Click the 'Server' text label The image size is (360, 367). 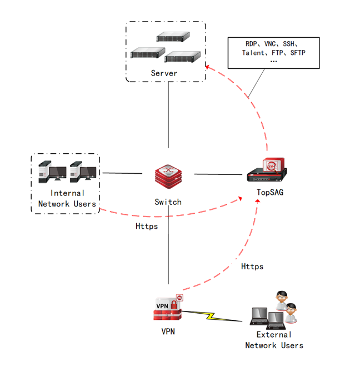(x=164, y=73)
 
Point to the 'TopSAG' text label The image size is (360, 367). (x=269, y=193)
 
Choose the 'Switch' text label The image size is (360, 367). (x=168, y=202)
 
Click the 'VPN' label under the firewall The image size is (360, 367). (x=168, y=332)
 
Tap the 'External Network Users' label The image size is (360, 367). (x=274, y=340)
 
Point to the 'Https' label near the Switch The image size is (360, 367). (x=147, y=227)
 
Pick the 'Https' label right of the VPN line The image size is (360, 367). (x=252, y=267)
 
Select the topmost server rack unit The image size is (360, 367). (x=173, y=37)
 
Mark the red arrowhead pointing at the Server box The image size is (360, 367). (x=208, y=66)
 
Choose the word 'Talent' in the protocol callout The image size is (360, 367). (x=253, y=53)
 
